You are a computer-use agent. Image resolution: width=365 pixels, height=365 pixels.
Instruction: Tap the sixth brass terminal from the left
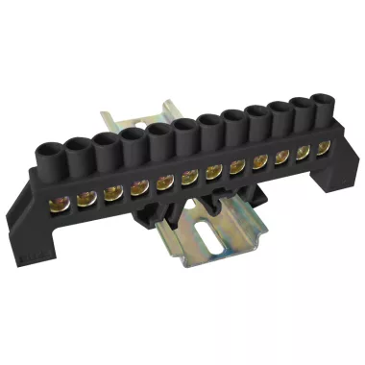(x=189, y=173)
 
